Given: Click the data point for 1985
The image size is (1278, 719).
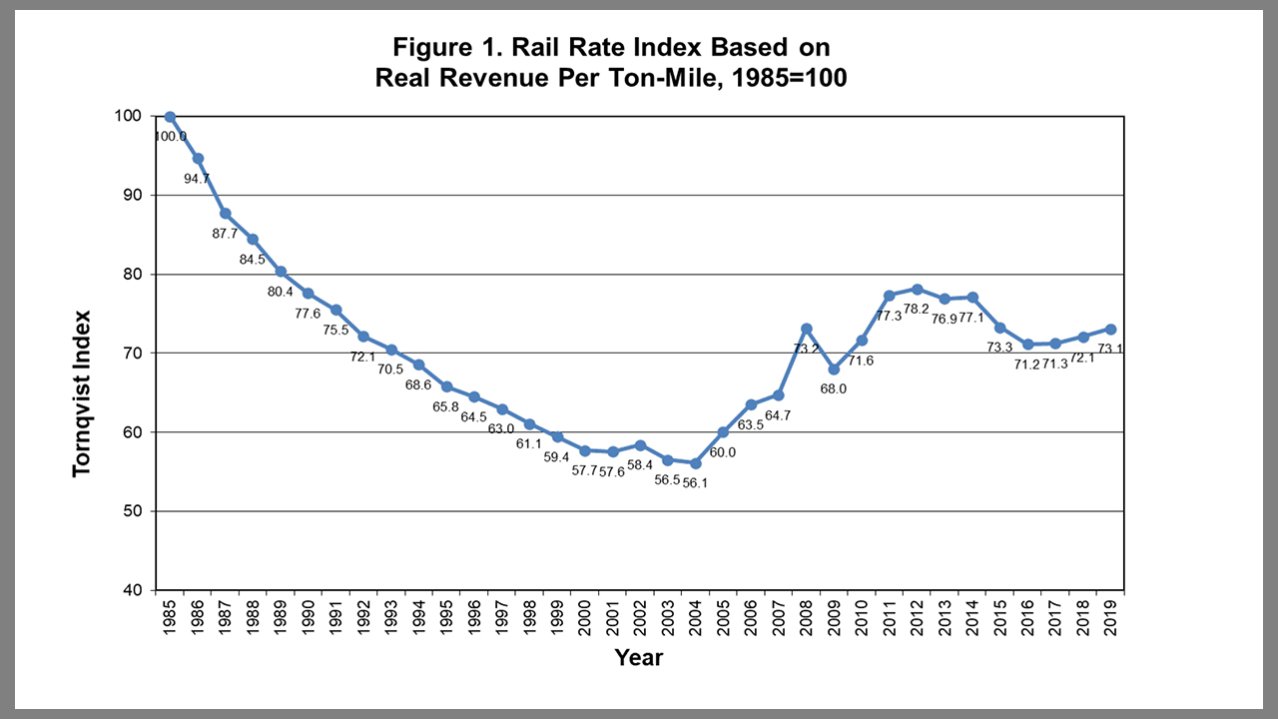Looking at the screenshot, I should [170, 117].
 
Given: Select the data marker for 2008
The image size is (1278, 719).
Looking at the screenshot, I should [807, 329].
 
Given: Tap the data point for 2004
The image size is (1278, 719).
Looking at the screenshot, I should [696, 463].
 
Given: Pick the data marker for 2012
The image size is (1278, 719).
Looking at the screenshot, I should [917, 290].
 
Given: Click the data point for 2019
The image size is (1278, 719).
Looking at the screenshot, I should [1110, 330].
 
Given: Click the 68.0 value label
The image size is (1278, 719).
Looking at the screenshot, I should [833, 388].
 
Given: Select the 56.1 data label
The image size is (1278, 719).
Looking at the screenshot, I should [696, 482].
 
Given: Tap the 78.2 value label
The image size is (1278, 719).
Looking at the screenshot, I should [917, 309].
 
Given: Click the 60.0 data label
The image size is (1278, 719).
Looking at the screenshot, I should [722, 451].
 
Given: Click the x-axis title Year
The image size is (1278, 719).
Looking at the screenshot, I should [639, 657].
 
